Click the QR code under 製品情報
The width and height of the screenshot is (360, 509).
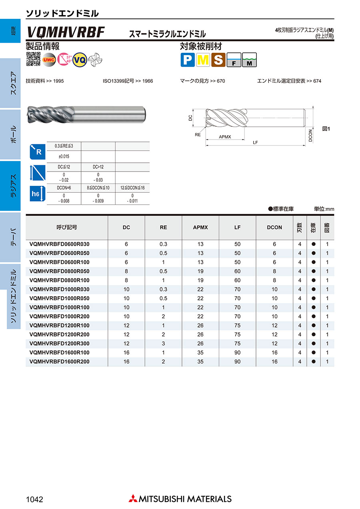tap(33, 59)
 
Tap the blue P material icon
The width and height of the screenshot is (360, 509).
tap(187, 60)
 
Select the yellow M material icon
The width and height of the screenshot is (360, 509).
tap(203, 60)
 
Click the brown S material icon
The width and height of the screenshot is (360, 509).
tap(218, 60)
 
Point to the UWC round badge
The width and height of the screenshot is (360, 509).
tap(49, 60)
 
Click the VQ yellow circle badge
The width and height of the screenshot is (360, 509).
tap(80, 60)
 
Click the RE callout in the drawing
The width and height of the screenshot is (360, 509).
tap(198, 135)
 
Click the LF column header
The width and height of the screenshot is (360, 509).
tap(238, 227)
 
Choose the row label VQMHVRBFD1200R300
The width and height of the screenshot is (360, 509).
tap(60, 343)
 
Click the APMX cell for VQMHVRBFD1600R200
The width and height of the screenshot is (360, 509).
tap(200, 361)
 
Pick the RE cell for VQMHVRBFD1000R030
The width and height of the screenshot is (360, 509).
tap(163, 289)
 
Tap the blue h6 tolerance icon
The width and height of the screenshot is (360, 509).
tap(36, 194)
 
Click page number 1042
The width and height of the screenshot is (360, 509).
tap(34, 499)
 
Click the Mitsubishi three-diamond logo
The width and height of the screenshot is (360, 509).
tap(132, 499)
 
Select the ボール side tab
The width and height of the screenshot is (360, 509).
tap(13, 134)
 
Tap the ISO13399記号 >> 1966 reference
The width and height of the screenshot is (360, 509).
tap(128, 81)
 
